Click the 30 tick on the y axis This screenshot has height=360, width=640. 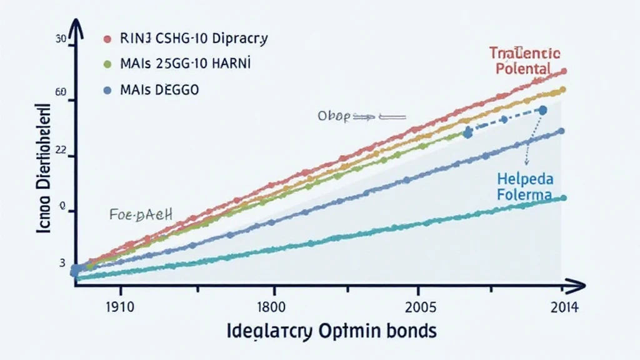point(61,39)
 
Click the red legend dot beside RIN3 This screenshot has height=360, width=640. point(106,39)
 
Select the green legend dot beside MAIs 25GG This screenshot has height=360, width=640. point(106,64)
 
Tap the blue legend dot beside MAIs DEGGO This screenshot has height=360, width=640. point(106,90)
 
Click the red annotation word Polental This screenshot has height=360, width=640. point(522,68)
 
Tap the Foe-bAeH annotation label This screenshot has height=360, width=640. point(140,216)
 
